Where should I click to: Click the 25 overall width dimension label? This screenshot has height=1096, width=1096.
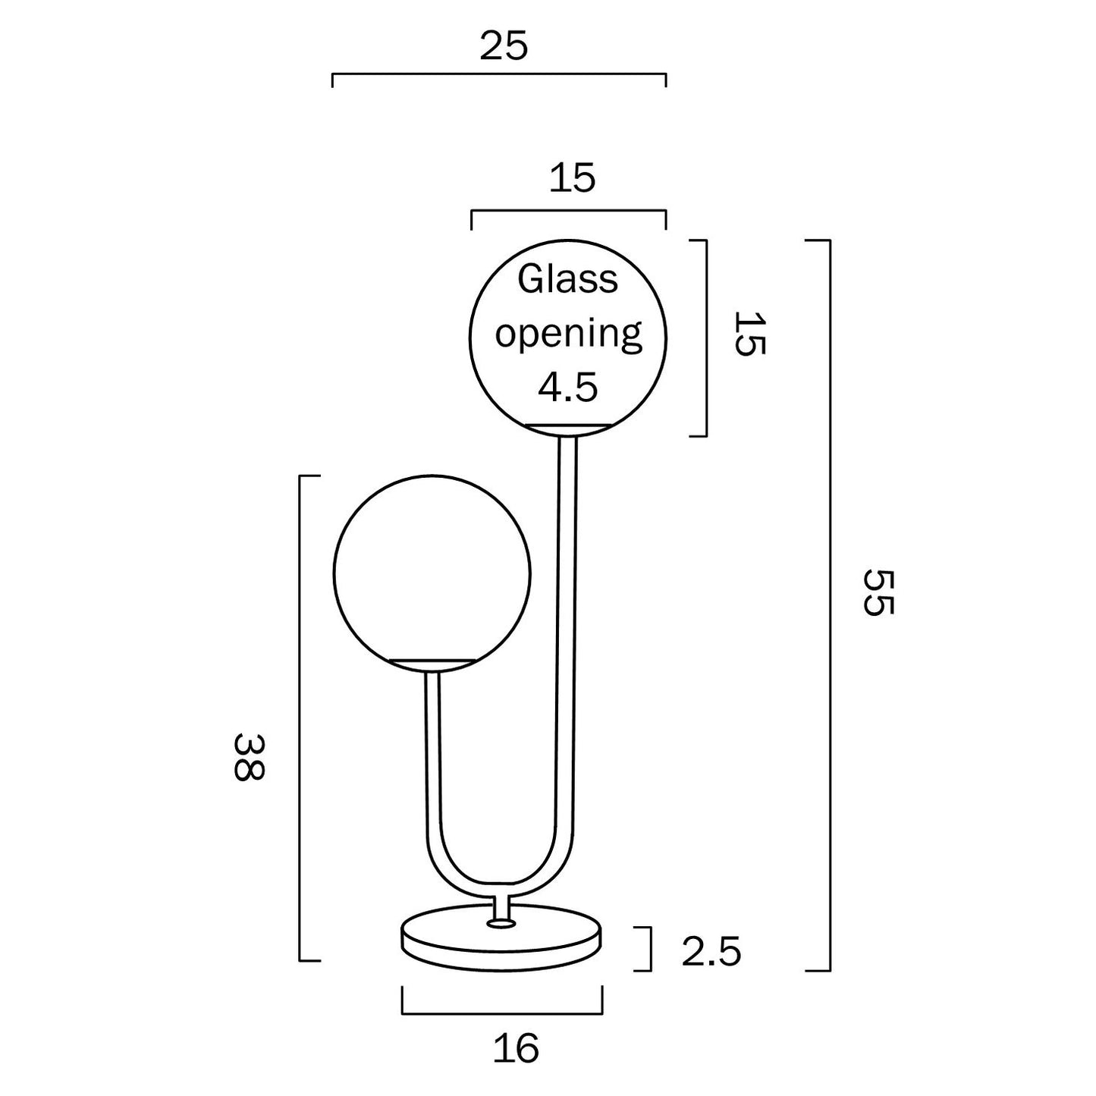point(503,47)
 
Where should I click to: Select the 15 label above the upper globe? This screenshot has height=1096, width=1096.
point(572,179)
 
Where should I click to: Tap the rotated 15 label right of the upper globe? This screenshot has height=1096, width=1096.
point(750,334)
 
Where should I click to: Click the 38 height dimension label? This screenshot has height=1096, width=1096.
point(249,756)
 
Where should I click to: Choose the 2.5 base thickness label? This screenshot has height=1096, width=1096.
point(711,951)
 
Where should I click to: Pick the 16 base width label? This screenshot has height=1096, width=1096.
point(516,1048)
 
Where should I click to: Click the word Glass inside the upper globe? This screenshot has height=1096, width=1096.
point(567,280)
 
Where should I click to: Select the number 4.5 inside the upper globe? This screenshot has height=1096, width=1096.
point(568,388)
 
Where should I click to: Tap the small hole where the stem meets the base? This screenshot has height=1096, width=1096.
point(500,924)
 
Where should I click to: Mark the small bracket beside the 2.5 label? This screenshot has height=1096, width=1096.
point(647,949)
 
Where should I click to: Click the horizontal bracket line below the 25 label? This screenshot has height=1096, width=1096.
point(498,74)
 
